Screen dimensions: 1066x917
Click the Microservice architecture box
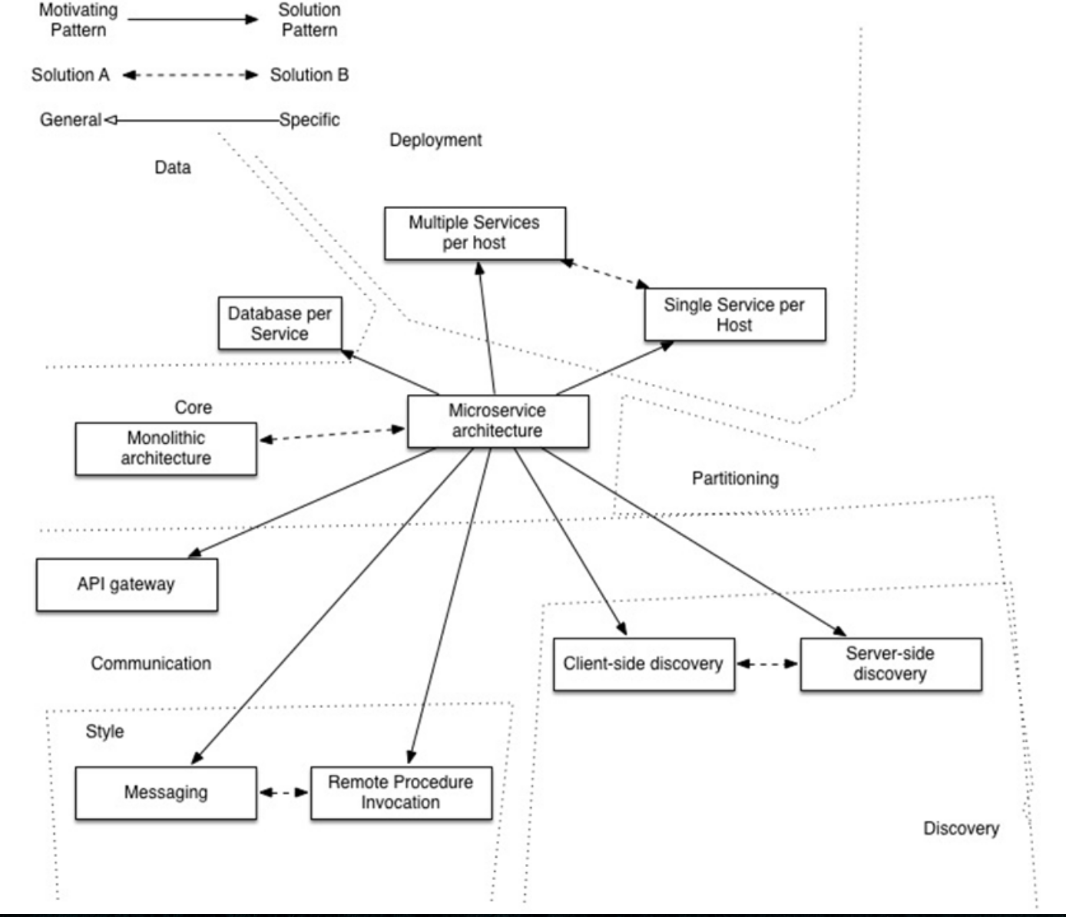(498, 421)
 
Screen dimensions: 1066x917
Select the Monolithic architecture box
(166, 449)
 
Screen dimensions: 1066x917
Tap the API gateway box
(127, 585)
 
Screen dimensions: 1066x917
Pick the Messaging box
(166, 793)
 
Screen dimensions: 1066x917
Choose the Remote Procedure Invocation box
(401, 793)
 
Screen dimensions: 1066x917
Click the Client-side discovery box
(644, 664)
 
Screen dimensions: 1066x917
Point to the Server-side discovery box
(891, 664)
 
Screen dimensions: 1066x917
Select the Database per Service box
(280, 323)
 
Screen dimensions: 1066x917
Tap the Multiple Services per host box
(475, 233)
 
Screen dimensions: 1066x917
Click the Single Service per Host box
(735, 315)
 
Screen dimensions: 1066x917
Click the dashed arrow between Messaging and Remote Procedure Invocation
(283, 792)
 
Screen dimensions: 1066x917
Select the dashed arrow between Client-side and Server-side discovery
(767, 664)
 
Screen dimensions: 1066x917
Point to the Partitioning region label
(735, 478)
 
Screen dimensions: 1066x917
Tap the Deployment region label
(435, 140)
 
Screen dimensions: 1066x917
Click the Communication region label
(151, 664)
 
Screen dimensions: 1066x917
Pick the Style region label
(104, 731)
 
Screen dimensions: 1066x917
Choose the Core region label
(194, 408)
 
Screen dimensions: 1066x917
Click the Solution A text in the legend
(71, 74)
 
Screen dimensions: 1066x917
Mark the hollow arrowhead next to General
(111, 120)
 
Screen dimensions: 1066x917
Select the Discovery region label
(962, 828)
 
